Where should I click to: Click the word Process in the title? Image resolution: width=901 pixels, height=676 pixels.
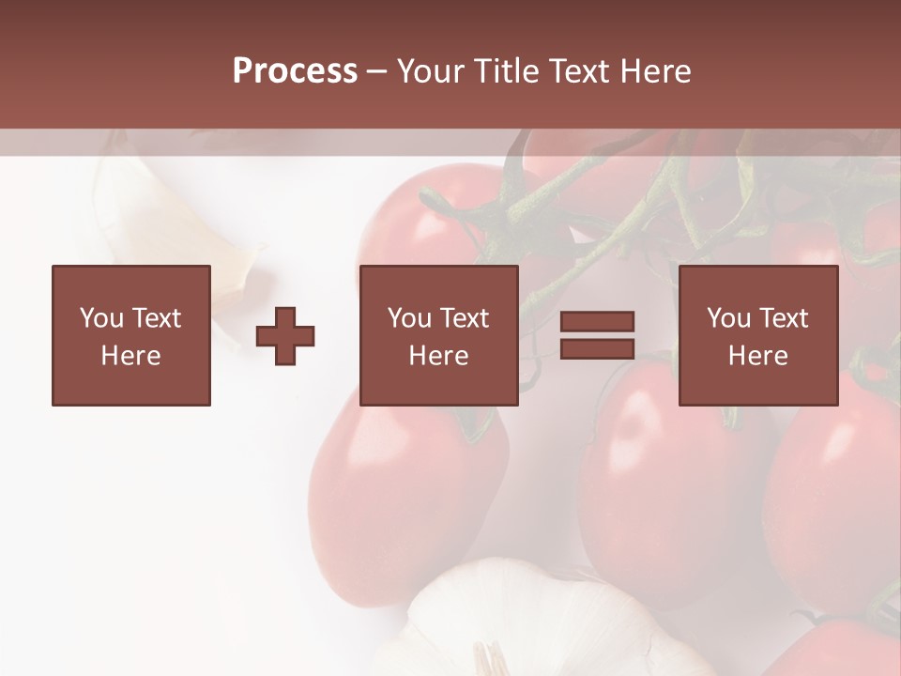click(295, 71)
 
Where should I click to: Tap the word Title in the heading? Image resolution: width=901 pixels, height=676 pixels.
click(505, 71)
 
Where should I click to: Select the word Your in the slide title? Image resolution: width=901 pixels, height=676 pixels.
click(432, 71)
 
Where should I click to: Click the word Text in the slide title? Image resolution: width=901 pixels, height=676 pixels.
click(575, 71)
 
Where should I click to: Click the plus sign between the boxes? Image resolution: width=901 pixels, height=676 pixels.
click(285, 336)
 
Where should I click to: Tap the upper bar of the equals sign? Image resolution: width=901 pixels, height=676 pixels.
click(597, 322)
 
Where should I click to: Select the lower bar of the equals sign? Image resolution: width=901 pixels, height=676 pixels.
click(597, 349)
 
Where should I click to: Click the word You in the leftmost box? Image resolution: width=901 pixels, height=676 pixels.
click(101, 318)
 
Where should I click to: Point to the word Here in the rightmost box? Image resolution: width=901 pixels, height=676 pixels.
click(757, 356)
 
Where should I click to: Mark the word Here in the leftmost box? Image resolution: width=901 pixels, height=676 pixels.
click(130, 356)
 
